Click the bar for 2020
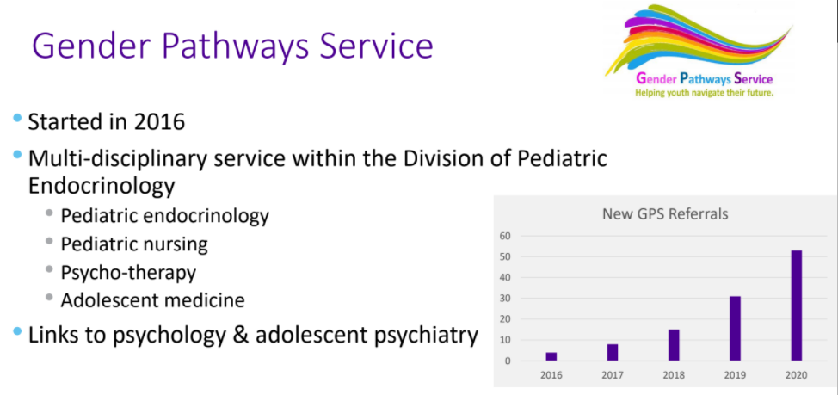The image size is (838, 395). [x=797, y=306]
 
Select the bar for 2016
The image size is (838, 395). [x=551, y=356]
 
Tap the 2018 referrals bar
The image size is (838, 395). [x=674, y=345]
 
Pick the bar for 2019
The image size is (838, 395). [x=736, y=328]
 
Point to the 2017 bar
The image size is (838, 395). [x=613, y=352]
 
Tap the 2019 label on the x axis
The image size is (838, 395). [x=735, y=375]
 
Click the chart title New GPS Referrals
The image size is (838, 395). [x=665, y=214]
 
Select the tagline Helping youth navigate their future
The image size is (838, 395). [x=704, y=92]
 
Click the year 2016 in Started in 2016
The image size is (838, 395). [x=159, y=122]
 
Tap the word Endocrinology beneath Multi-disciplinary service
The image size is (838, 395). [x=102, y=186]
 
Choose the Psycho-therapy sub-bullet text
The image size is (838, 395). [x=128, y=273]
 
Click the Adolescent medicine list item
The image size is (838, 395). [x=153, y=299]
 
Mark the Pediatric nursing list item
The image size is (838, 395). [x=134, y=244]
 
